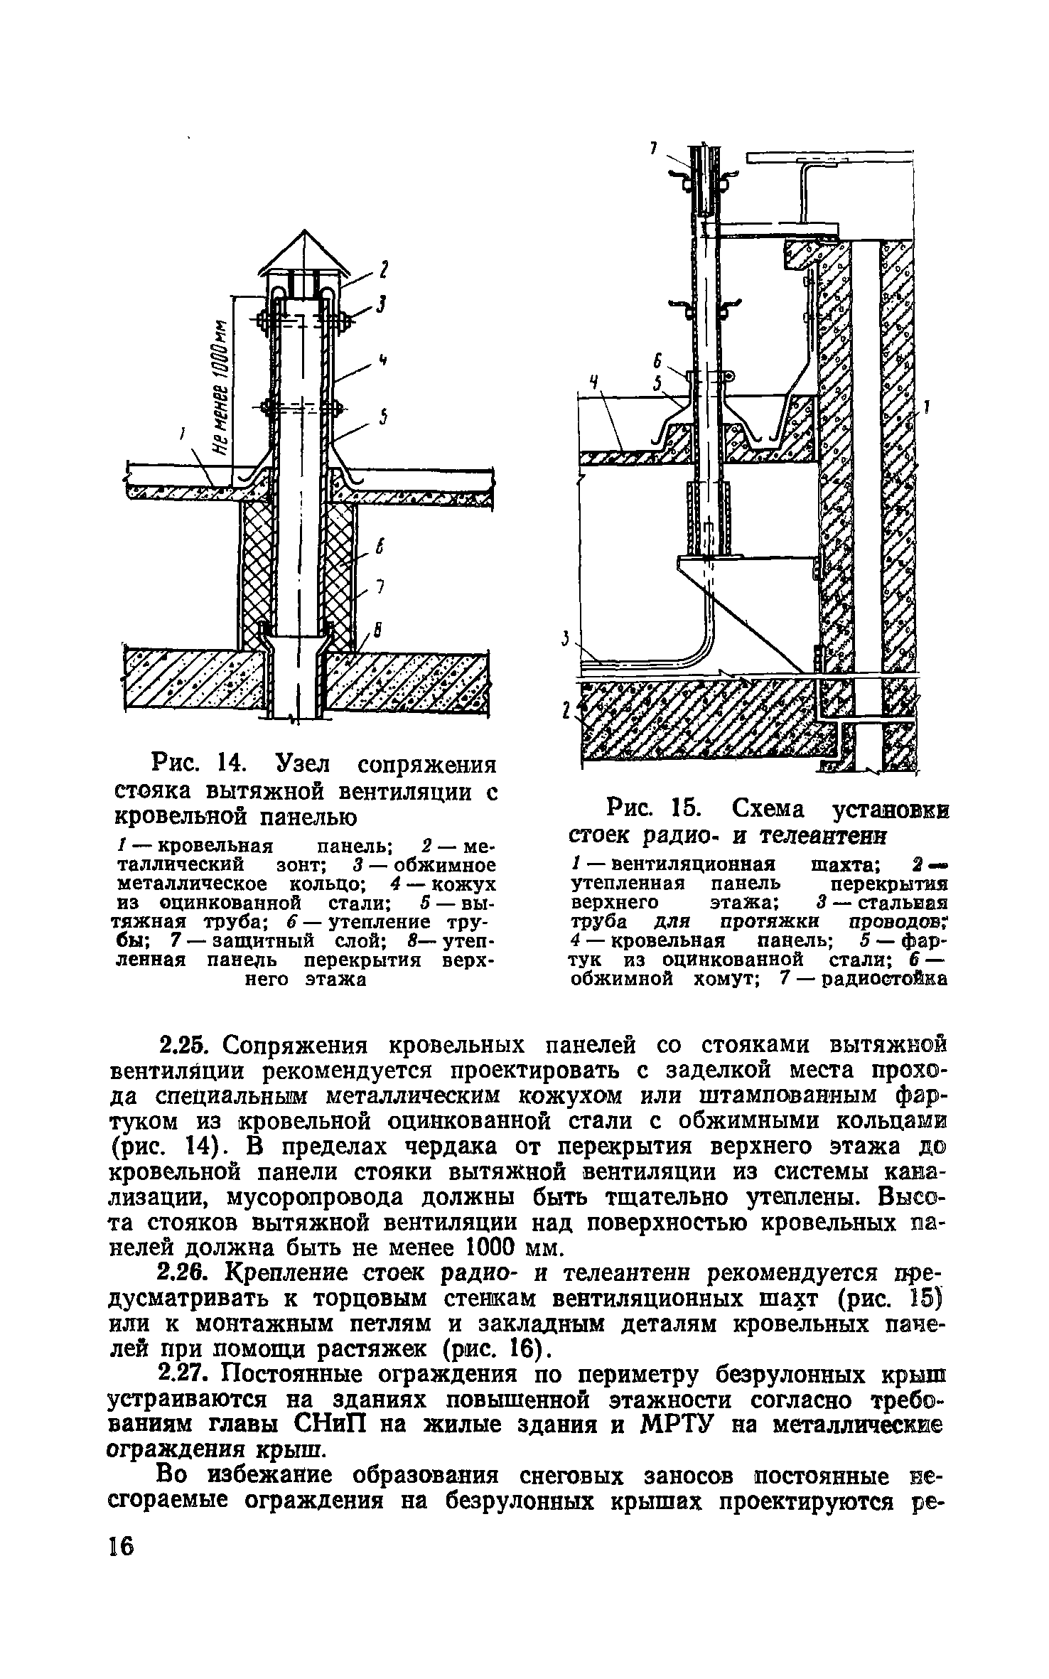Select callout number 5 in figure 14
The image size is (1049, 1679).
pyautogui.click(x=382, y=419)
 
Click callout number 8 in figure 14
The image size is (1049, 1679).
pyautogui.click(x=378, y=631)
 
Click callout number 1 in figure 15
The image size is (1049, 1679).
pyautogui.click(x=926, y=407)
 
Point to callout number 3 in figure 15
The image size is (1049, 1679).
pyautogui.click(x=566, y=640)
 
